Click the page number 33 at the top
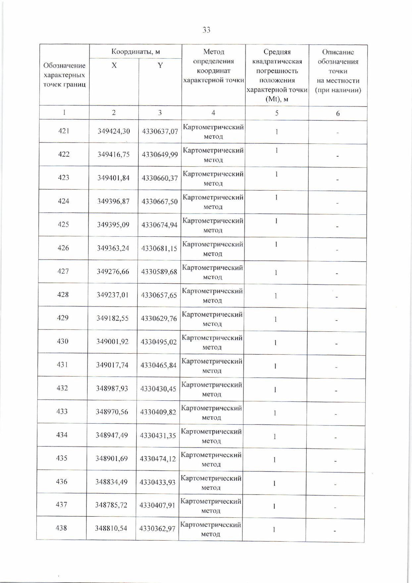pos(206,30)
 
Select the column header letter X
pos(114,65)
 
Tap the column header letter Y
pos(160,65)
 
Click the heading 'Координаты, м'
pos(135,52)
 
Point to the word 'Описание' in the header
pos(338,52)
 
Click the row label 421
pos(64,131)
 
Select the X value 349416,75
pos(113,154)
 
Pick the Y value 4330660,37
pos(160,178)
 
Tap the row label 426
pos(63,248)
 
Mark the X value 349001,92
pos(112,342)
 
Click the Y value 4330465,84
pos(158,365)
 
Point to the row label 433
pos(62,412)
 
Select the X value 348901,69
pos(112,459)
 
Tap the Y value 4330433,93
pos(157,482)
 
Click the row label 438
pos(62,528)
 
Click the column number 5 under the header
pos(277,113)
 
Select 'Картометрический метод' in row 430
pos(212,342)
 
